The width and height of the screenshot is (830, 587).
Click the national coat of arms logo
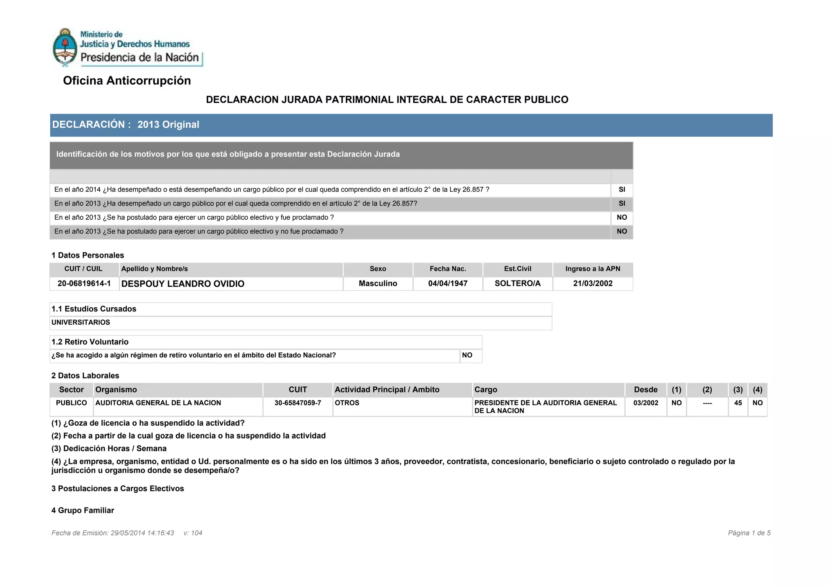pos(65,47)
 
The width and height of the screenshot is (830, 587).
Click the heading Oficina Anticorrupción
pos(127,81)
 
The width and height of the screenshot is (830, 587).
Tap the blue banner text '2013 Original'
pos(168,124)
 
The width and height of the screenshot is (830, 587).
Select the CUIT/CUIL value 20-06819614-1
pos(84,283)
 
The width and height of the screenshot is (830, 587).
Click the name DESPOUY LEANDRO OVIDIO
pos(183,284)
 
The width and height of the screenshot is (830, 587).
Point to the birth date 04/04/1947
pos(447,283)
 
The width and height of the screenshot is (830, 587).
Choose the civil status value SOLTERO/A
pos(518,283)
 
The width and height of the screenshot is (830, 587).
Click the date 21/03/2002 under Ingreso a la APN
pos(593,283)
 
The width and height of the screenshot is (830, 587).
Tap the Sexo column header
pos(378,269)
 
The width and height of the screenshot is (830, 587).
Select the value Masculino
pos(378,283)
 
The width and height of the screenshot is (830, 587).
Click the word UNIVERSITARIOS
pos(81,322)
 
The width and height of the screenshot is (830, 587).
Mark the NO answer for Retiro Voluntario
pos(467,355)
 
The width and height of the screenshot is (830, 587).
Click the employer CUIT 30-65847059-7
pos(297,403)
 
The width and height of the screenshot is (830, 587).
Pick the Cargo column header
pos(486,390)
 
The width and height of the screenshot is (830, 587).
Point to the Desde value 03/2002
pos(646,403)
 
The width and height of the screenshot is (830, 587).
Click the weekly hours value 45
pos(738,403)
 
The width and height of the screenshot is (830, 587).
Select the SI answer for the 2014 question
pos(622,189)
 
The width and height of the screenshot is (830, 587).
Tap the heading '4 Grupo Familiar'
pos(83,510)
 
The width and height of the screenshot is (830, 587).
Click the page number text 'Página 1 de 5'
pos(749,533)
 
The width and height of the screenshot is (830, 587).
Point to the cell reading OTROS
pos(347,403)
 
